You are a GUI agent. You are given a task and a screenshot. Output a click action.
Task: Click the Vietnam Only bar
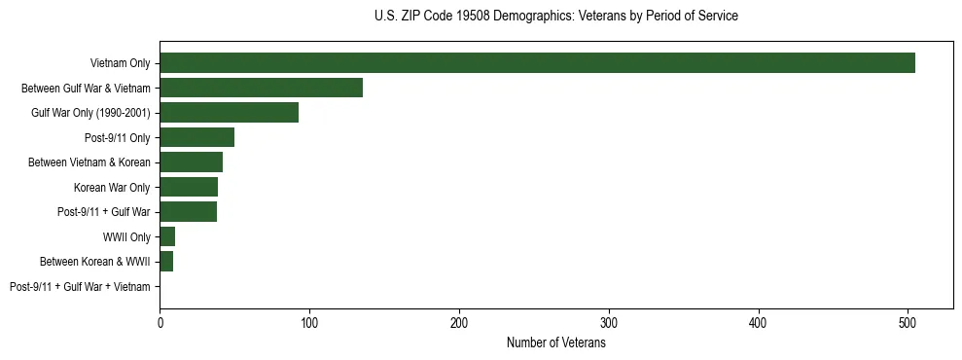click(x=537, y=63)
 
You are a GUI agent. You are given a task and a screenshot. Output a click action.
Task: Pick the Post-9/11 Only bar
click(x=196, y=137)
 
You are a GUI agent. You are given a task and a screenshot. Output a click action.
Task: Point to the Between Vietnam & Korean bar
click(x=191, y=162)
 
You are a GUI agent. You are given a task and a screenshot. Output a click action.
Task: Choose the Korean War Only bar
click(x=189, y=187)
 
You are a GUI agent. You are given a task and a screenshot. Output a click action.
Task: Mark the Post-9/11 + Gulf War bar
click(x=188, y=212)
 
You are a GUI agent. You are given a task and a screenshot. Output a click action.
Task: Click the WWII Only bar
click(x=167, y=236)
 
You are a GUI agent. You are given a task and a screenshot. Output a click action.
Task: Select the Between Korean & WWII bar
click(x=166, y=262)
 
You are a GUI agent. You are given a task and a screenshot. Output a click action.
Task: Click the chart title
click(x=555, y=17)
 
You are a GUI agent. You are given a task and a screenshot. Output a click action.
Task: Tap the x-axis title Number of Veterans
click(x=555, y=343)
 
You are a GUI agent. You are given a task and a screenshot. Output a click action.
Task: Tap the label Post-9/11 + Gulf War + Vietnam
click(x=80, y=287)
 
